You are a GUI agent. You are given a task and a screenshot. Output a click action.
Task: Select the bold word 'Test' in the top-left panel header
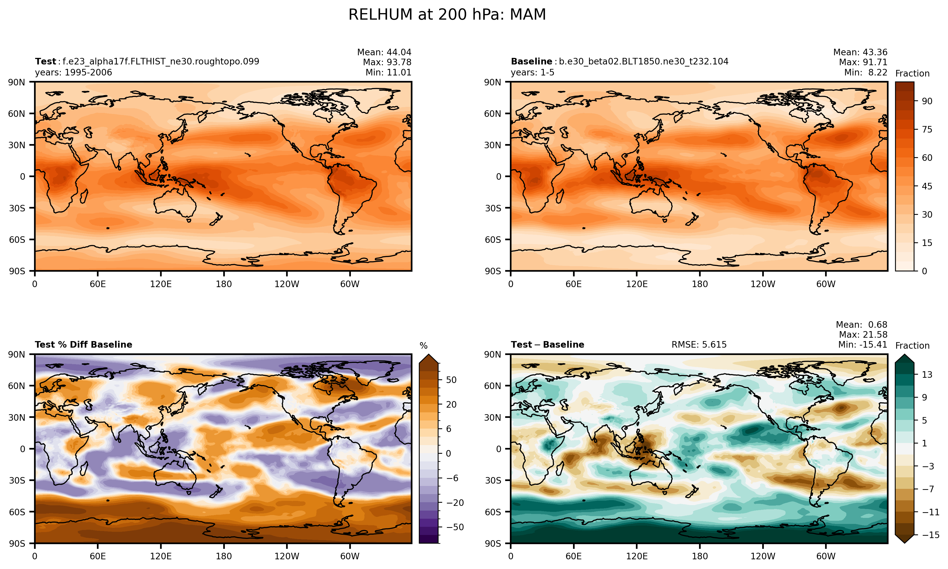click(46, 61)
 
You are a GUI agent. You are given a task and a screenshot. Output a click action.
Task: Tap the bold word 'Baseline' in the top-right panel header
click(531, 61)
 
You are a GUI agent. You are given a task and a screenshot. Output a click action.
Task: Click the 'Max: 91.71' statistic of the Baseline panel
click(863, 62)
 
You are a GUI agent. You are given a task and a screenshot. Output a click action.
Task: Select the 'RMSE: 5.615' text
click(699, 345)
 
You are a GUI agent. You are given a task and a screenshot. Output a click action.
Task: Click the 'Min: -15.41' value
click(863, 345)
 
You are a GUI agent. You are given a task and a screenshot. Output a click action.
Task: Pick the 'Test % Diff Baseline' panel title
click(84, 345)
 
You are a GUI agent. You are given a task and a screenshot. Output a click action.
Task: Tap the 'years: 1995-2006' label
click(74, 73)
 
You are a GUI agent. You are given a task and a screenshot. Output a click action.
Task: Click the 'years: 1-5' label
click(532, 73)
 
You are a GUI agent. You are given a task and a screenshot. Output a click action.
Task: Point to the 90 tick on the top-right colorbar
click(927, 101)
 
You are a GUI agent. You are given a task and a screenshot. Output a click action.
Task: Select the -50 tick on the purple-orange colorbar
click(455, 527)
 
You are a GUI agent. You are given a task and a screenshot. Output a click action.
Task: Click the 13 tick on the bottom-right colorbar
click(927, 375)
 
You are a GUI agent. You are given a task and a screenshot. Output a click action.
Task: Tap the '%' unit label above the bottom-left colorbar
click(423, 346)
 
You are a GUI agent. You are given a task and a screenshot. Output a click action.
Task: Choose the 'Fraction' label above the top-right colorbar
click(912, 74)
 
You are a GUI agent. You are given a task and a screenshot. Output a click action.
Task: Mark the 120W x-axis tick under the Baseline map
click(763, 284)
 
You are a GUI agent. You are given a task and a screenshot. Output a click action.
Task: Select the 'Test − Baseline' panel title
click(547, 345)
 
